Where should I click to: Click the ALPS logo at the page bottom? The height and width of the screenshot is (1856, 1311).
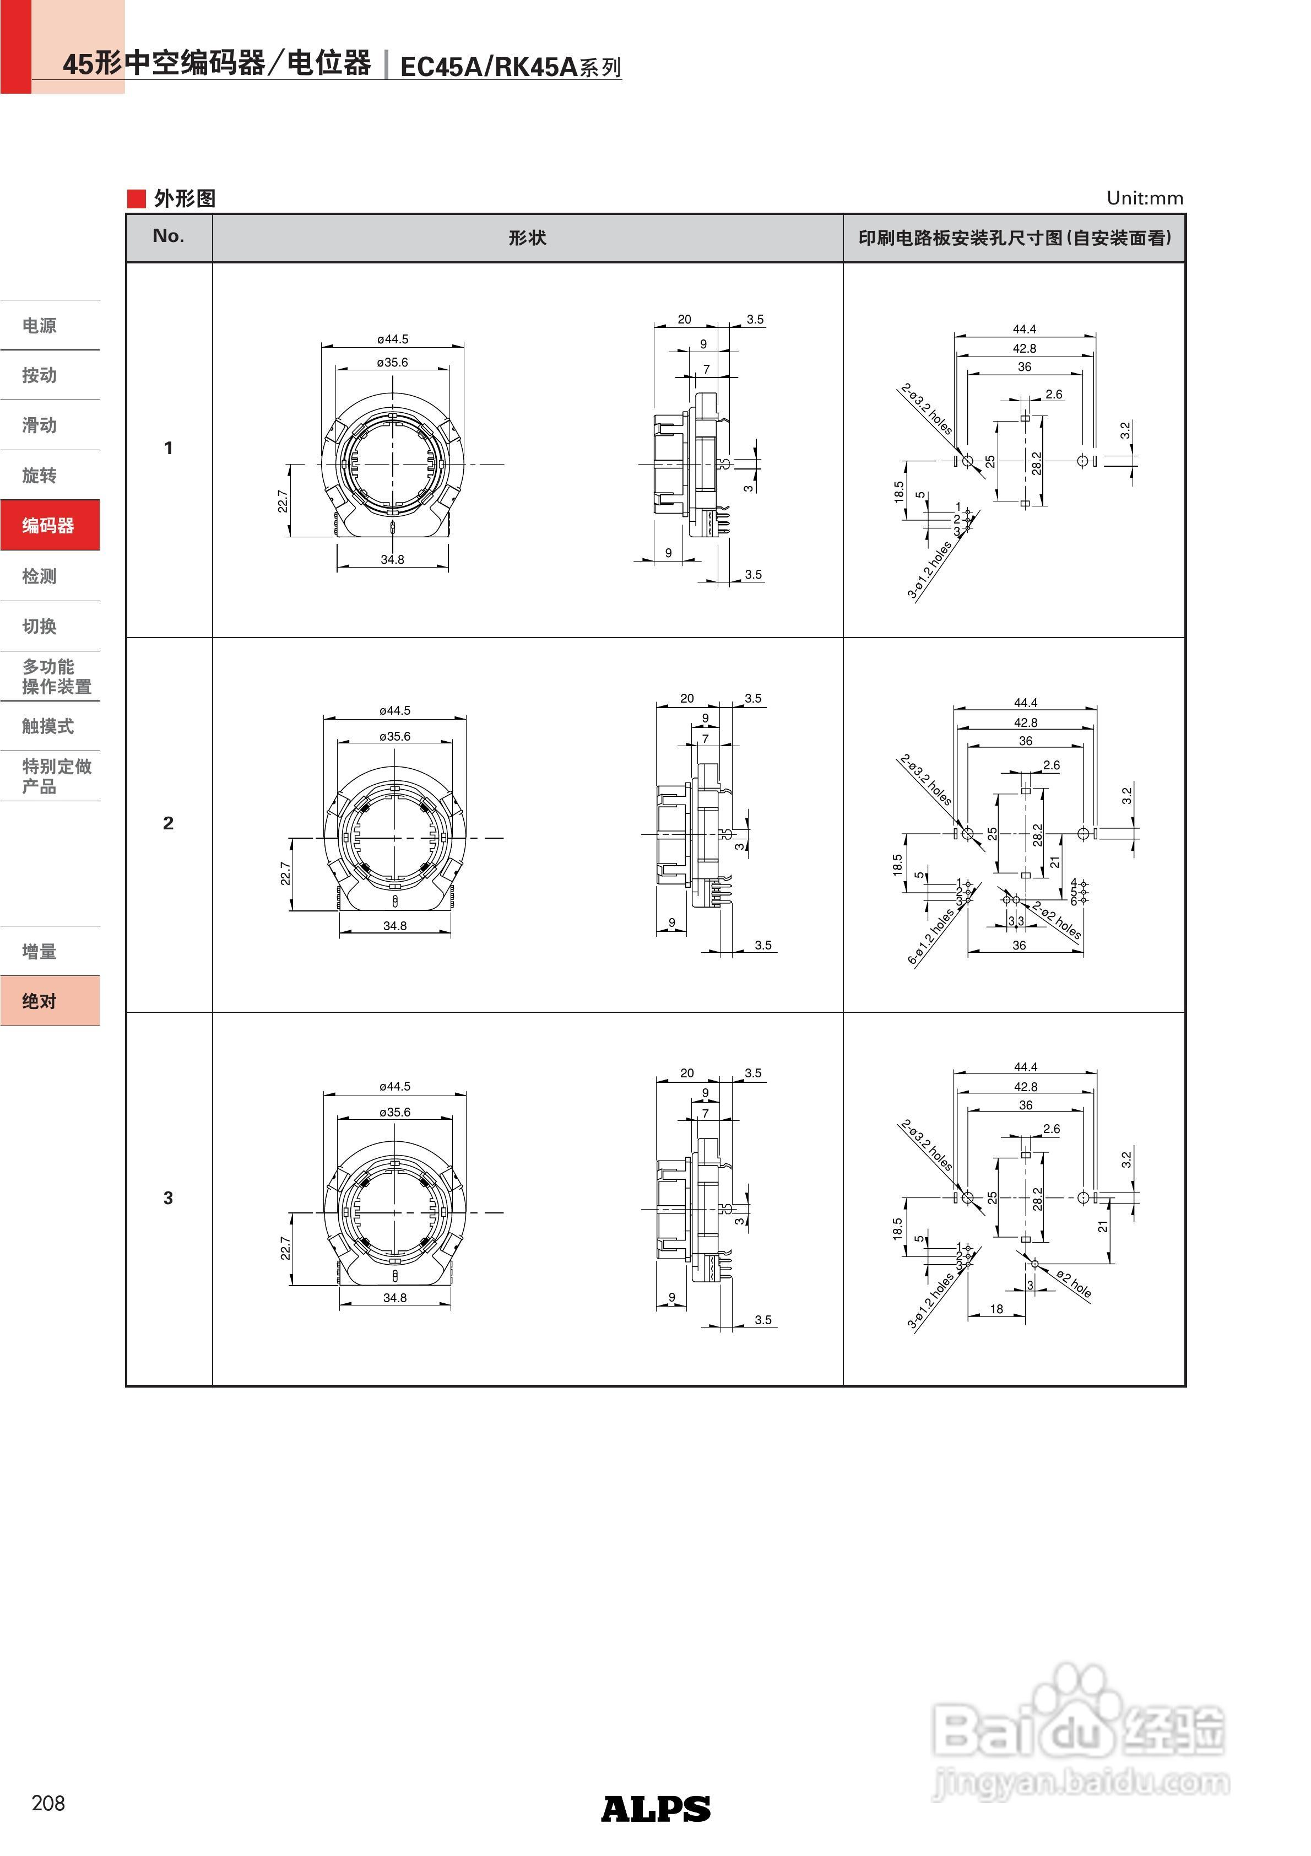pos(655,1808)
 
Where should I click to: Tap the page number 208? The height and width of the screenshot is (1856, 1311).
pos(48,1803)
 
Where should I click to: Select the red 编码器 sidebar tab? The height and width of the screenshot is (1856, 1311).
pos(48,525)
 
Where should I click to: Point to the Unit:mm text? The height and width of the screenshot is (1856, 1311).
pos(1145,198)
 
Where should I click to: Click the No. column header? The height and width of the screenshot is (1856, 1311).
pos(168,236)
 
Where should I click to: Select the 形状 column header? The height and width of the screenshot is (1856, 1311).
pos(527,238)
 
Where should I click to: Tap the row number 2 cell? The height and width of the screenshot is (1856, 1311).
pos(168,823)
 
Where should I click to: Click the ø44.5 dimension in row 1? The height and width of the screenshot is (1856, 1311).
pos(393,339)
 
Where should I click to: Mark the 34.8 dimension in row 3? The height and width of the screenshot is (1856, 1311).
pos(394,1297)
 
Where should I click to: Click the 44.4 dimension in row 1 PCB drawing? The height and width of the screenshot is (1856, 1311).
pos(1024,329)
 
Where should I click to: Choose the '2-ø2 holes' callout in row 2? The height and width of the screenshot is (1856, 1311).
pos(1057,920)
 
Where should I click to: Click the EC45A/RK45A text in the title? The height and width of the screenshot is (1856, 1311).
pos(489,66)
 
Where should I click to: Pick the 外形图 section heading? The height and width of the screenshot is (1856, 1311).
pos(185,198)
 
